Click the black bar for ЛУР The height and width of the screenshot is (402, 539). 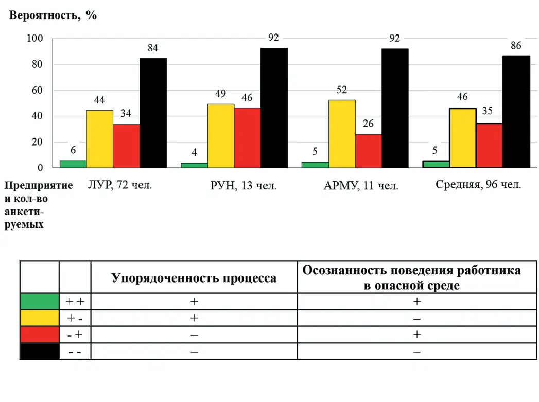click(153, 113)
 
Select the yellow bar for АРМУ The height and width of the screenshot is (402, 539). click(342, 133)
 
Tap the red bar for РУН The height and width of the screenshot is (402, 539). click(247, 137)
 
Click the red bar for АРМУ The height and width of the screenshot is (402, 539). click(369, 151)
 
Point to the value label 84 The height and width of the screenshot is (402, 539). click(152, 48)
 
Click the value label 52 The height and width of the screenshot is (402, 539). click(342, 90)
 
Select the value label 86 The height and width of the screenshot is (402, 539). click(516, 46)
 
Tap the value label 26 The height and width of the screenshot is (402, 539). click(369, 124)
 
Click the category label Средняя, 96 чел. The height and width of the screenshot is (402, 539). click(478, 185)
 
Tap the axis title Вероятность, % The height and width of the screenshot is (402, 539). click(53, 15)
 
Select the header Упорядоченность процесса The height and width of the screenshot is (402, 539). click(194, 278)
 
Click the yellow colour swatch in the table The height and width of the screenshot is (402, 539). click(39, 318)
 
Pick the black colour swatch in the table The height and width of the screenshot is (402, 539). click(39, 351)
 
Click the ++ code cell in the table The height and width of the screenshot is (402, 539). click(75, 302)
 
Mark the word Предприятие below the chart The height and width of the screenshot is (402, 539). click(38, 185)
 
